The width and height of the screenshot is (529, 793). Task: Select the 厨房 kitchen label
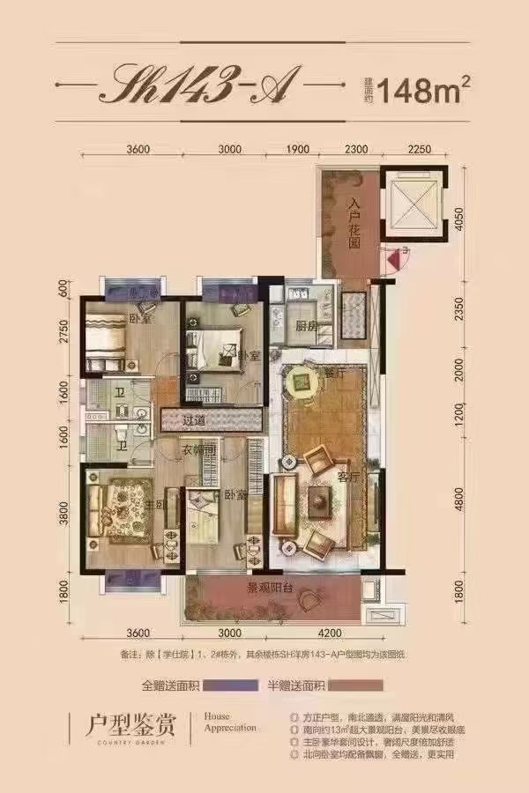(x=305, y=324)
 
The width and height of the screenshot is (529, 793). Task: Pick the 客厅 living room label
(x=346, y=476)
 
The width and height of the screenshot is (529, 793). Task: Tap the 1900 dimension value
(x=299, y=149)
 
